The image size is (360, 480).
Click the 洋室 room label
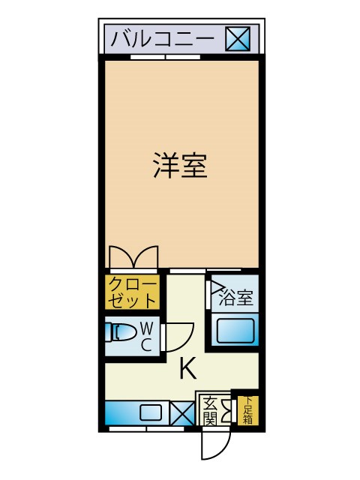180,166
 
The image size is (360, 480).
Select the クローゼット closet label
133,292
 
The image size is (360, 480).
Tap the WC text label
147,337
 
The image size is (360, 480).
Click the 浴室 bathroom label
235,298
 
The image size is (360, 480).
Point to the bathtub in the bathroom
235,330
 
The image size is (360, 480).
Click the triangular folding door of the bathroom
216,286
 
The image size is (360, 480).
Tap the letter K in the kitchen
187,369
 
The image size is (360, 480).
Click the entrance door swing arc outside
214,446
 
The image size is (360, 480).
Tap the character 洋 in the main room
166,166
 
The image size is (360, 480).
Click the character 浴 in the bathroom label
227,298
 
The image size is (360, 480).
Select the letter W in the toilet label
147,328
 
